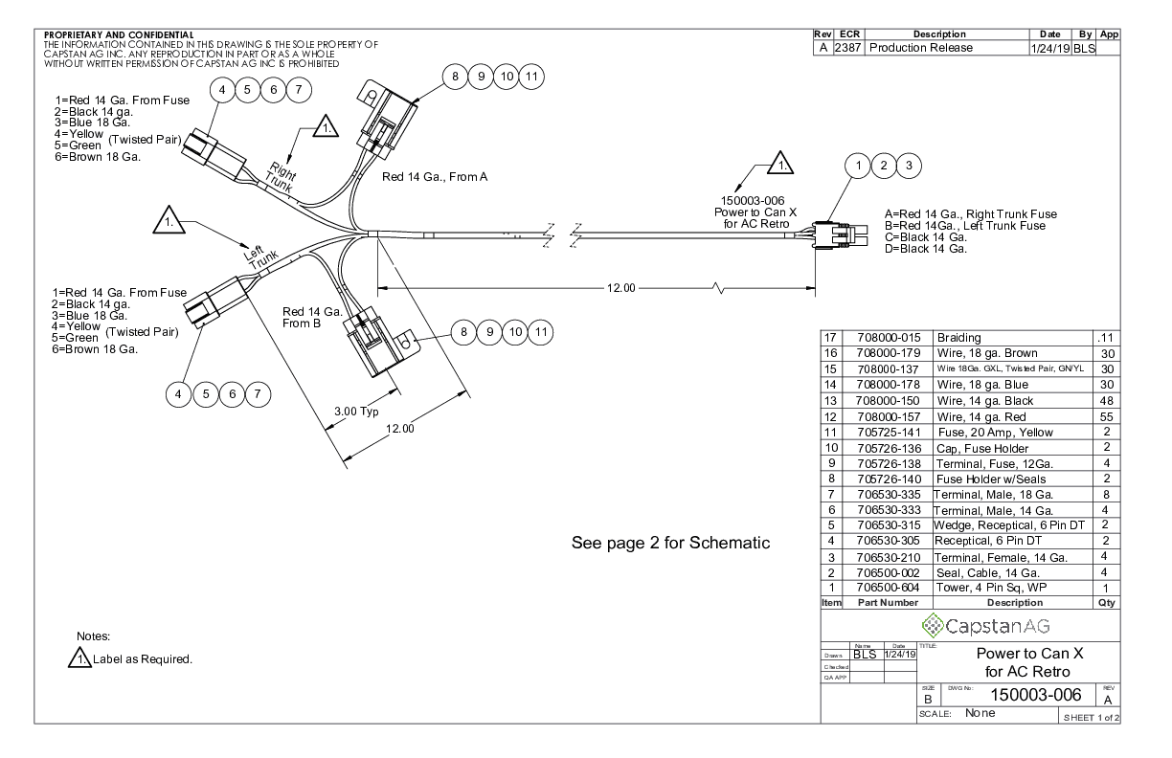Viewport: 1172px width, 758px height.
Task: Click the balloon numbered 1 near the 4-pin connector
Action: pos(860,167)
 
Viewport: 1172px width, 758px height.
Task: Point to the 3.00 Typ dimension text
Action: pos(356,412)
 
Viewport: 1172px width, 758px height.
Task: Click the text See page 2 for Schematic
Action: pos(670,543)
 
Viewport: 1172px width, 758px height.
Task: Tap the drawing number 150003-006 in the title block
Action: pos(1016,696)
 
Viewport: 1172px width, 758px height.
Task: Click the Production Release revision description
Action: pos(920,48)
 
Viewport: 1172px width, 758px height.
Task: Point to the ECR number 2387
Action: pos(847,48)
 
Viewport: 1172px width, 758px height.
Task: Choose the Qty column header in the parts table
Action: pos(1105,603)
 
